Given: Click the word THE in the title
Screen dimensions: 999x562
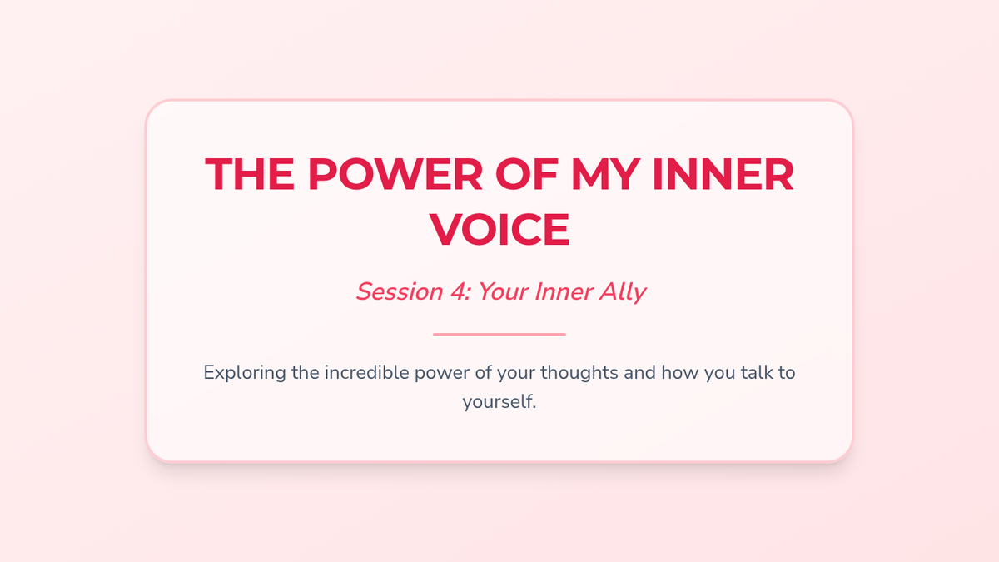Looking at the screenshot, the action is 250,174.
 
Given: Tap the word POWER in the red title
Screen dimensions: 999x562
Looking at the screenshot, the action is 395,174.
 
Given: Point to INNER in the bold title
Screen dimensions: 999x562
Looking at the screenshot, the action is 723,174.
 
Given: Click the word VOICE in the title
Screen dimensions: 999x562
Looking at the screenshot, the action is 499,229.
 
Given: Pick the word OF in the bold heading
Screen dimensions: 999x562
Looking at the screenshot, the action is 527,174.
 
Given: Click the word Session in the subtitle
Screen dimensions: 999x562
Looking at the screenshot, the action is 400,291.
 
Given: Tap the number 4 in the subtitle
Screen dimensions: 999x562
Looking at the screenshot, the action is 460,291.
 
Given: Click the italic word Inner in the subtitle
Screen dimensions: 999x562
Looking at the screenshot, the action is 564,291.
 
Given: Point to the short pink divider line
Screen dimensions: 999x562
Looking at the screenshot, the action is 499,334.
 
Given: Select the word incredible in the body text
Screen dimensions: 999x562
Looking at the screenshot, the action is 366,372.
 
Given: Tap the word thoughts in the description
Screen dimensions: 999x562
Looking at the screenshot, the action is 579,373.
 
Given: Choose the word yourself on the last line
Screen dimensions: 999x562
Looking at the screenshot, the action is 499,402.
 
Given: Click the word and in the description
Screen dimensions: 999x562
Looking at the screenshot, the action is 640,372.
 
